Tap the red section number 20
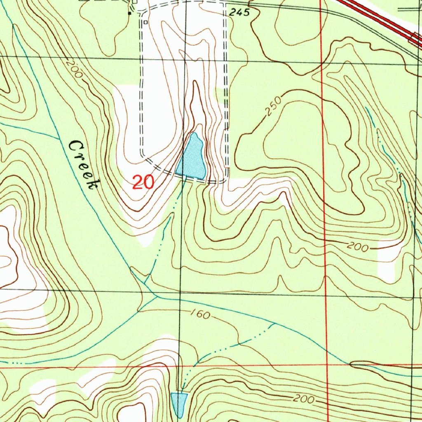(143, 182)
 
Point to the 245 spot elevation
(240, 13)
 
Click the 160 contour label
(201, 315)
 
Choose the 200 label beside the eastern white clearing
(358, 247)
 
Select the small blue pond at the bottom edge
(178, 403)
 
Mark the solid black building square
(129, 14)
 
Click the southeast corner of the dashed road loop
(225, 180)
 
